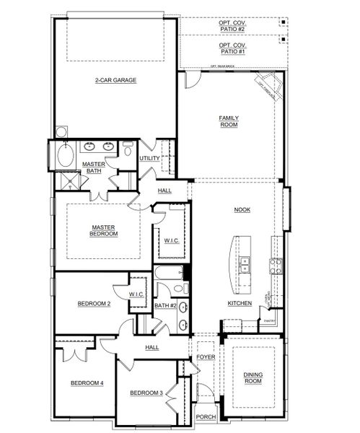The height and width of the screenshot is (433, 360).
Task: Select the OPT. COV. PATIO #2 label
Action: (232, 27)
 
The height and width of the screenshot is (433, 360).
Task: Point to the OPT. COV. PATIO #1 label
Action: (232, 48)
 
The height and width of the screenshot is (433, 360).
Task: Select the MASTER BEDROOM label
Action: (103, 230)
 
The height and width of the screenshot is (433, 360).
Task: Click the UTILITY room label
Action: (149, 158)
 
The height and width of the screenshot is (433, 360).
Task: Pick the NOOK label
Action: (241, 209)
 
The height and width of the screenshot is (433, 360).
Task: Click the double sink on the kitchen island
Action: (245, 264)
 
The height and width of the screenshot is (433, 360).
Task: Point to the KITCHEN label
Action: (240, 304)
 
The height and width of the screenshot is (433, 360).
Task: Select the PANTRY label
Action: (270, 320)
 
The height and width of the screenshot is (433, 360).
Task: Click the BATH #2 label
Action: (165, 305)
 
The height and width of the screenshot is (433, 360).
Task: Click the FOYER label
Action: (206, 357)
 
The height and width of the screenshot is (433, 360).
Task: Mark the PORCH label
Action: (206, 416)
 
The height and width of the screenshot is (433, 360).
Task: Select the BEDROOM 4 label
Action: (87, 382)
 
